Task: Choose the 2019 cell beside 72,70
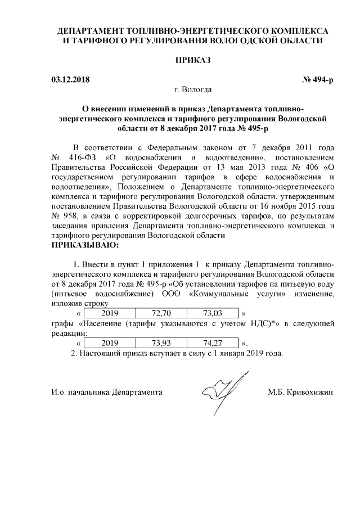point(110,313)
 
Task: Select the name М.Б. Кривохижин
point(300,391)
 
